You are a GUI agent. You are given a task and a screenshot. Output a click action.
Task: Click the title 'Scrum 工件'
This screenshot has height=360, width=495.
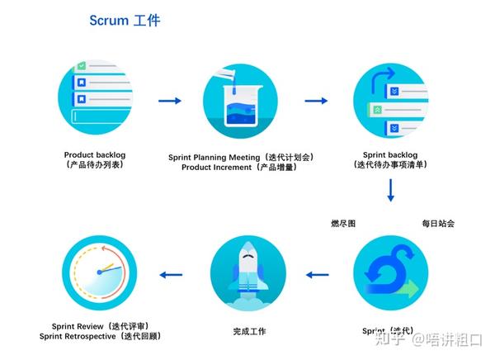[x=125, y=21]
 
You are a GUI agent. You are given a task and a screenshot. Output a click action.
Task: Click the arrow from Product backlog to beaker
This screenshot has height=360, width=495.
[x=170, y=101]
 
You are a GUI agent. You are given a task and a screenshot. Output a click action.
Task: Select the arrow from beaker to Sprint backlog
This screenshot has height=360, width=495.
[x=316, y=101]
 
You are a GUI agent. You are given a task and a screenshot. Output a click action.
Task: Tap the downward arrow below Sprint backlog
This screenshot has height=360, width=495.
[x=390, y=192]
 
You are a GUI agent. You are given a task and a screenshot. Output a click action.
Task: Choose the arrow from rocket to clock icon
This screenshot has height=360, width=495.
[x=172, y=275]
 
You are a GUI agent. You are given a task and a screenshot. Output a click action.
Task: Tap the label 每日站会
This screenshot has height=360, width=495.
[x=438, y=223]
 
